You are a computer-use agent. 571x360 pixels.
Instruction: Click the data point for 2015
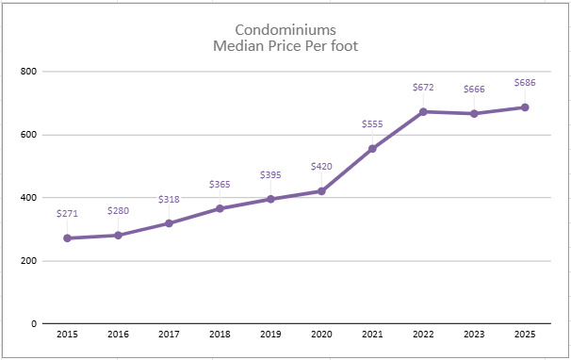[67, 238]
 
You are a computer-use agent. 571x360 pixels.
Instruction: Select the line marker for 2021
[372, 149]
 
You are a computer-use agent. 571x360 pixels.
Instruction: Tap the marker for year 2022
[423, 111]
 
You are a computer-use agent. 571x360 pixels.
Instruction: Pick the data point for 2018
[220, 208]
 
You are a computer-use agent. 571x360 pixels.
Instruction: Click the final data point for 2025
[525, 107]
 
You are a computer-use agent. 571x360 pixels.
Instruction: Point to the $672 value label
[423, 88]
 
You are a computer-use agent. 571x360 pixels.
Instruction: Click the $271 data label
[67, 215]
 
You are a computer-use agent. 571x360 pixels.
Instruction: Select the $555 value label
[372, 124]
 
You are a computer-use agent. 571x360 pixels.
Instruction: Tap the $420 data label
[321, 167]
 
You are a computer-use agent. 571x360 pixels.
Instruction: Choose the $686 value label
[525, 83]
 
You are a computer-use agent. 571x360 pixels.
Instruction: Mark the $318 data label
[169, 199]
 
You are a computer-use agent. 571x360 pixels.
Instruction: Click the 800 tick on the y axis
[28, 72]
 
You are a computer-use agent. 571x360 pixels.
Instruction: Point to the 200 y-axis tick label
[28, 261]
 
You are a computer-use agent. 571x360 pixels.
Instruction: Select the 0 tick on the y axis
[33, 324]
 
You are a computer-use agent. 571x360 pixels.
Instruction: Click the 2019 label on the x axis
[270, 335]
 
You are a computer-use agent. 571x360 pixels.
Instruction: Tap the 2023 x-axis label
[474, 335]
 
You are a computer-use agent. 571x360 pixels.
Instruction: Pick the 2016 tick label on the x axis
[118, 335]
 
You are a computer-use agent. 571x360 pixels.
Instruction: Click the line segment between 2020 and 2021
[347, 170]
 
